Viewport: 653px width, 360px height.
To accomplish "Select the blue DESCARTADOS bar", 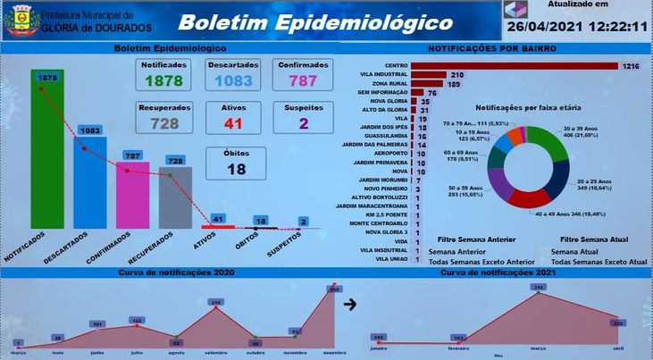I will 89,183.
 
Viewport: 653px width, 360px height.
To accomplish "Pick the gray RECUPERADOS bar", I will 175,198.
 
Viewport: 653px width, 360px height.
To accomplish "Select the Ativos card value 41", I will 233,123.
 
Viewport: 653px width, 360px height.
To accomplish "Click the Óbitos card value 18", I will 236,169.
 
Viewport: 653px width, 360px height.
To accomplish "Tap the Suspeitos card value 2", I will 304,123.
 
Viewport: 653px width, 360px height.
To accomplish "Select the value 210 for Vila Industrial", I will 456,75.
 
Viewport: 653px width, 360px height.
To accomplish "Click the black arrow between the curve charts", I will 351,304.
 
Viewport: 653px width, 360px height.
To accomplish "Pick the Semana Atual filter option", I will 576,252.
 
